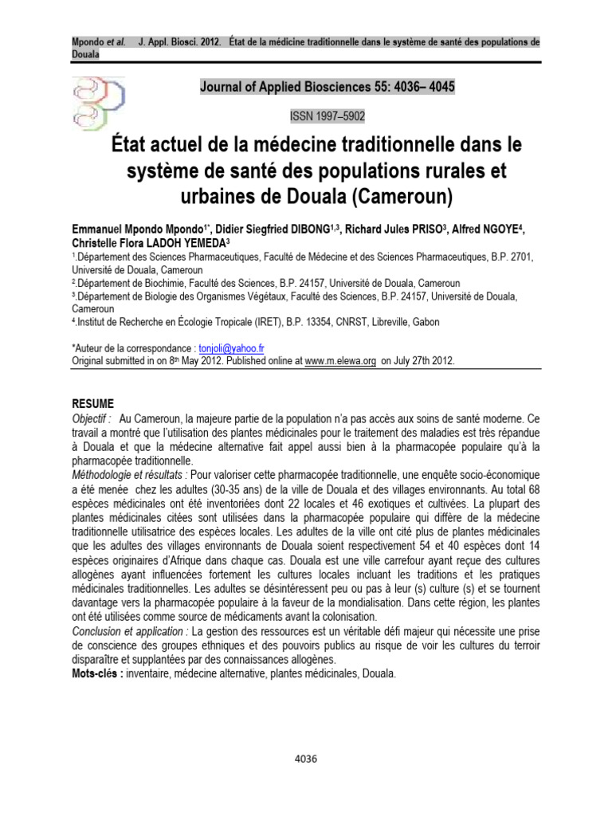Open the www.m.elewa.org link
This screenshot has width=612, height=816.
pyautogui.click(x=340, y=360)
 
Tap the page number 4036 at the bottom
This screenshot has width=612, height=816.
pyautogui.click(x=306, y=759)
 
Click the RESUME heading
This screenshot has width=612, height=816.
pyautogui.click(x=92, y=404)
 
